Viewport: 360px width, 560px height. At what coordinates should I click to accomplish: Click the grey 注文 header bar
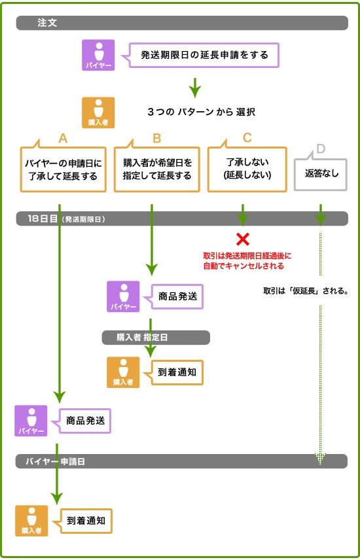(x=181, y=23)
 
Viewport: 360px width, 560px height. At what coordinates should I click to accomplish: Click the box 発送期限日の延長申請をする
(x=204, y=55)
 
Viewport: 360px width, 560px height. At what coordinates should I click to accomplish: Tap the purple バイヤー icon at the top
(x=98, y=55)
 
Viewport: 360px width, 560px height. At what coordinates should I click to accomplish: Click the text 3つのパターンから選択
(x=201, y=112)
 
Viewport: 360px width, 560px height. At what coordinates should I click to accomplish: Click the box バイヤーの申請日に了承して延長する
(x=63, y=169)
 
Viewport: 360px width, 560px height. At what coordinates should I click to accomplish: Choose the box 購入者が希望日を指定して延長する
(x=157, y=169)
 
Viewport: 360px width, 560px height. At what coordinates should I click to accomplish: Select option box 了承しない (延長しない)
(x=247, y=169)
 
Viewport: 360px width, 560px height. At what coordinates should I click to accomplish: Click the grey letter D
(x=320, y=149)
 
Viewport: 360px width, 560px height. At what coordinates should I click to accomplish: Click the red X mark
(x=243, y=239)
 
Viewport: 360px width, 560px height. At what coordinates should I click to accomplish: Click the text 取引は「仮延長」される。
(x=305, y=289)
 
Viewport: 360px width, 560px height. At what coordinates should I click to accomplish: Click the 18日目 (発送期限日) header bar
(x=181, y=219)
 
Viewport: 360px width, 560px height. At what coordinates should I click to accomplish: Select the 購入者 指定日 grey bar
(x=156, y=337)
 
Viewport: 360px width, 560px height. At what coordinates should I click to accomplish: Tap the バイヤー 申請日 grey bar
(x=181, y=461)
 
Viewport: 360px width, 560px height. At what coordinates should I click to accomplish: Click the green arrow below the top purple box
(x=194, y=86)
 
